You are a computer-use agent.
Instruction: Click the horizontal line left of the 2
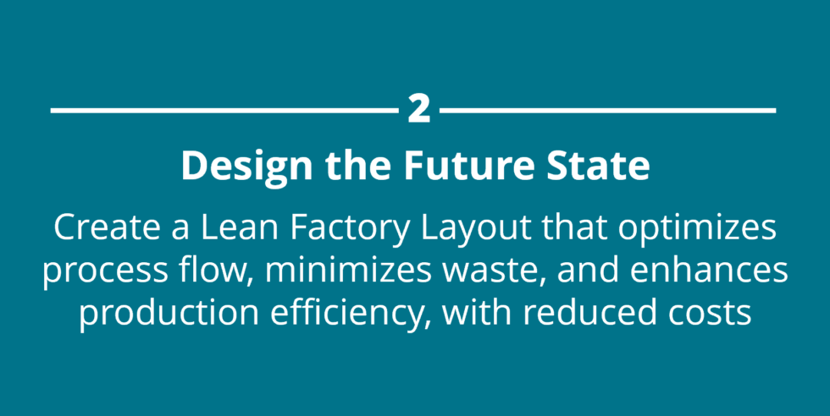coord(224,110)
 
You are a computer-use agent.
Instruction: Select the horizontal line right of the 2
coord(608,110)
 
